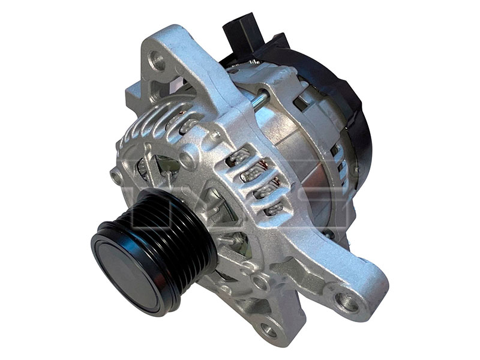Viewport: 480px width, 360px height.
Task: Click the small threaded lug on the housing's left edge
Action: [x=116, y=175]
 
